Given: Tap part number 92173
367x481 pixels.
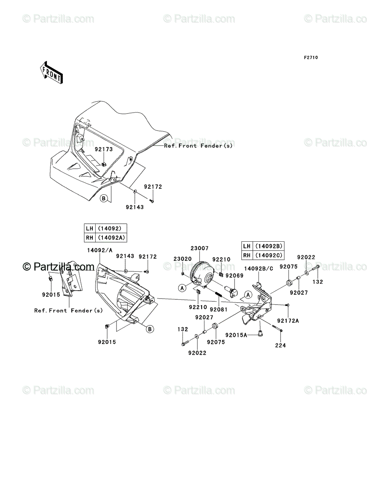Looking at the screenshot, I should [104, 149].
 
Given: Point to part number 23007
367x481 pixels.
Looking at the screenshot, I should [199, 249].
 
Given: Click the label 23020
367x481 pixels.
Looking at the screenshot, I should [182, 259].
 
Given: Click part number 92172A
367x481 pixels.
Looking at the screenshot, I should [287, 321].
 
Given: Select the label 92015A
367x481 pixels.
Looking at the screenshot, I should [235, 335].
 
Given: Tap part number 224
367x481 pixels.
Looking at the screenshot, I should [280, 345].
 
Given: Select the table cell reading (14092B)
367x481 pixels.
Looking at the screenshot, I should [269, 246].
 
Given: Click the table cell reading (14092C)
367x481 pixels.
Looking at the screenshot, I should [269, 255].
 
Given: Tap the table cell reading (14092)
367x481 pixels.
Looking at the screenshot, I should [109, 228].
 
